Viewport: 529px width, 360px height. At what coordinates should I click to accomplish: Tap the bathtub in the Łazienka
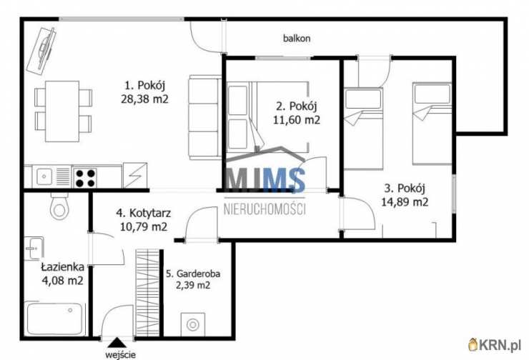pyautogui.click(x=55, y=319)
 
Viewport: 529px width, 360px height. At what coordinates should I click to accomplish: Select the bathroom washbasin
pyautogui.click(x=34, y=249)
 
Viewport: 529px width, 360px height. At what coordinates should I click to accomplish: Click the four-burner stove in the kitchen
pyautogui.click(x=85, y=178)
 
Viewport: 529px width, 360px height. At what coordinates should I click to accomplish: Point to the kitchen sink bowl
pyautogui.click(x=44, y=176)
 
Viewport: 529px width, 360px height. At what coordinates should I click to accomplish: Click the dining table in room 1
pyautogui.click(x=62, y=111)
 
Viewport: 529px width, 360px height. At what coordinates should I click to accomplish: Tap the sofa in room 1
pyautogui.click(x=204, y=117)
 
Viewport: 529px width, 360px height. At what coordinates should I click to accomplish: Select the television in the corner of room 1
pyautogui.click(x=42, y=51)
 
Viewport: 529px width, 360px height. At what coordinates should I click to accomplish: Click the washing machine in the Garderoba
pyautogui.click(x=192, y=324)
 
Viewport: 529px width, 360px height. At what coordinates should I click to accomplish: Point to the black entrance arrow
pyautogui.click(x=117, y=342)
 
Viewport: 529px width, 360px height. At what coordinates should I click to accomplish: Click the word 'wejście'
pyautogui.click(x=120, y=354)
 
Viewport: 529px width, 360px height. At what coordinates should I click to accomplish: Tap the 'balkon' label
pyautogui.click(x=297, y=39)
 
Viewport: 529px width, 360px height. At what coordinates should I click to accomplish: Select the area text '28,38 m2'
pyautogui.click(x=144, y=99)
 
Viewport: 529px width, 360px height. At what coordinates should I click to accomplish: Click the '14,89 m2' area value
pyautogui.click(x=405, y=202)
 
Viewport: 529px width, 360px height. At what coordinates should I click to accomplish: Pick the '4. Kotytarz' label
pyautogui.click(x=144, y=213)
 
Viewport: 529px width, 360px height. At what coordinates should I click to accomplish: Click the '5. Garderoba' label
pyautogui.click(x=193, y=274)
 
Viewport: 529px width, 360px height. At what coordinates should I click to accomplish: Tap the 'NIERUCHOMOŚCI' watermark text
pyautogui.click(x=264, y=209)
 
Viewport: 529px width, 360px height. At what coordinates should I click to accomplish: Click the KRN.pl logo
pyautogui.click(x=495, y=345)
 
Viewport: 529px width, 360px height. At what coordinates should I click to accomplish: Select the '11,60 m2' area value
pyautogui.click(x=296, y=120)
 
